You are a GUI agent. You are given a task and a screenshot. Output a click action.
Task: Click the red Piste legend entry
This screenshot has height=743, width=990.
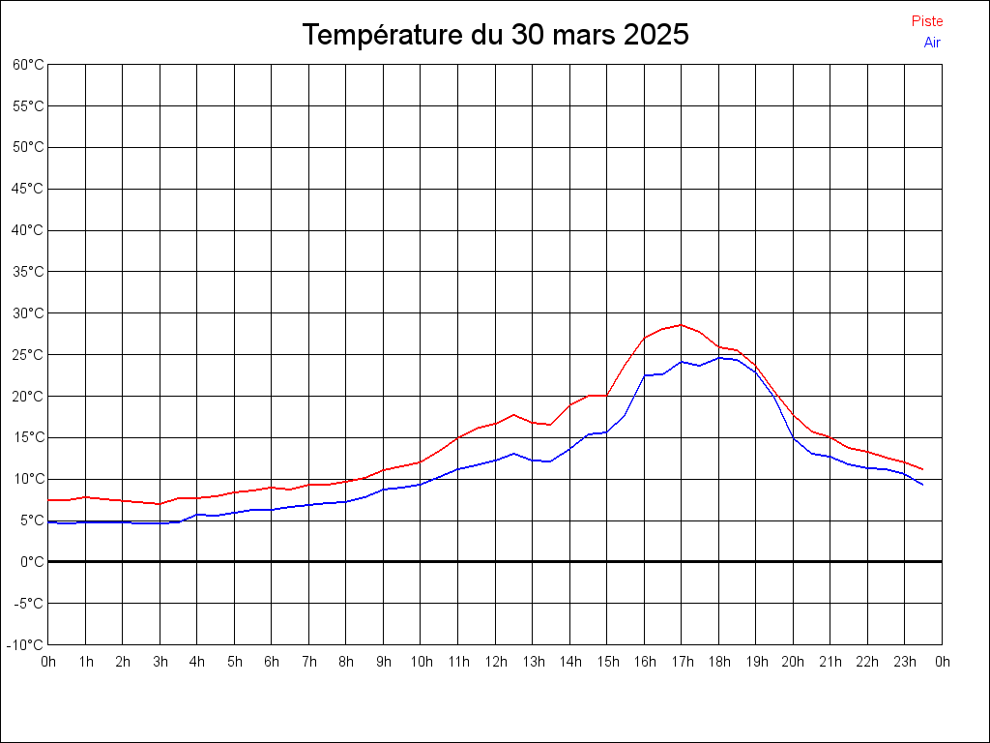(x=927, y=21)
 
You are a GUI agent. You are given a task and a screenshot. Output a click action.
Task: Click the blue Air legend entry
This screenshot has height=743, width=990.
(x=932, y=43)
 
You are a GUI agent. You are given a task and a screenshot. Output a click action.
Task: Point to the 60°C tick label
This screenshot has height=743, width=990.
(x=28, y=65)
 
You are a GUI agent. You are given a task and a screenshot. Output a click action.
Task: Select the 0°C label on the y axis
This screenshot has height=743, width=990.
(x=32, y=561)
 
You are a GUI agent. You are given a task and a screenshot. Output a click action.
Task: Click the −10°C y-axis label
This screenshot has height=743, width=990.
(x=26, y=644)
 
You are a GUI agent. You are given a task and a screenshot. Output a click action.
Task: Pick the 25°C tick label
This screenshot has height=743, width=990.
(x=28, y=355)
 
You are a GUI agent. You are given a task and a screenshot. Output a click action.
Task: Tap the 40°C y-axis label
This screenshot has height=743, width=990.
(x=28, y=230)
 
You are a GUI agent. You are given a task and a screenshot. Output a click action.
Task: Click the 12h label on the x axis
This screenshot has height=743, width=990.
(x=496, y=662)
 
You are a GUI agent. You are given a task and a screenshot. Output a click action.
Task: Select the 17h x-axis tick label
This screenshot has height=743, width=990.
(x=682, y=662)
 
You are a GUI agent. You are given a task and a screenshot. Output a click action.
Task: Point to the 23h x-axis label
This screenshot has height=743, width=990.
(x=905, y=662)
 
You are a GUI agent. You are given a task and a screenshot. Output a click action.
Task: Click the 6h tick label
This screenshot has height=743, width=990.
(x=272, y=662)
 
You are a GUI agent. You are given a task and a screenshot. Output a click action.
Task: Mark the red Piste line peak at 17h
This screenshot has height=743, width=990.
(x=682, y=325)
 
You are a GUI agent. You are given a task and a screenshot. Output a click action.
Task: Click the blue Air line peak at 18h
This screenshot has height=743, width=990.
(x=718, y=357)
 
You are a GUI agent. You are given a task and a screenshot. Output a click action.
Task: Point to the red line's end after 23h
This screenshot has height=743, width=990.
(x=923, y=469)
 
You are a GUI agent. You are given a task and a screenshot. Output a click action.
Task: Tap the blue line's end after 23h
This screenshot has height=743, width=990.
(x=923, y=484)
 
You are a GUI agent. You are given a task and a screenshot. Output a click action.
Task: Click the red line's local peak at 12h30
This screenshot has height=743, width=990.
(x=514, y=414)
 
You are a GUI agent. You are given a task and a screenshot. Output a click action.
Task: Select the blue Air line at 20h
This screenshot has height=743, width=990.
(x=793, y=437)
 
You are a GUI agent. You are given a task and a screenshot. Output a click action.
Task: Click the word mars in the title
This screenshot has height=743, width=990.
(x=585, y=36)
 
